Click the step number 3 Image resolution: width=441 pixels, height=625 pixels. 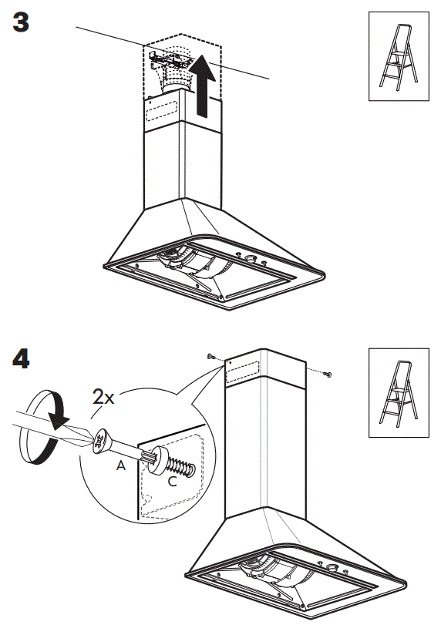coord(21,22)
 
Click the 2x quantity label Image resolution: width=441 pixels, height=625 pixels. coord(103,398)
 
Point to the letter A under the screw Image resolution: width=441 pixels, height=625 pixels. coord(120,467)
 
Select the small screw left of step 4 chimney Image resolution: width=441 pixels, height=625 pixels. coord(210,357)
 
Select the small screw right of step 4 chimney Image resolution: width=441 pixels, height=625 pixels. coord(326,375)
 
